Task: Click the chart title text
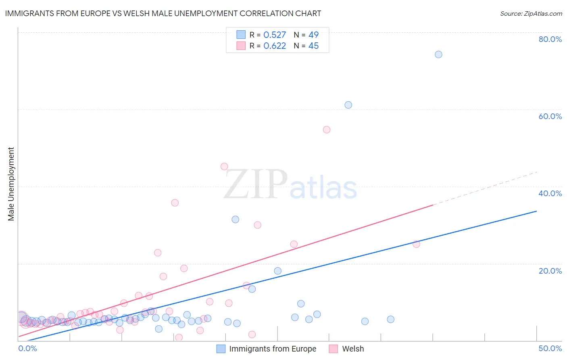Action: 163,13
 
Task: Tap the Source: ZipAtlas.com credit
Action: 531,13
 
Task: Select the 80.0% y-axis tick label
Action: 550,39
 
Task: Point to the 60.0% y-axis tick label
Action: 550,116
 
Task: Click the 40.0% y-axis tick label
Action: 550,193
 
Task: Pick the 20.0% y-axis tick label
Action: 550,271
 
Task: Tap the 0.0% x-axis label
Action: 27,348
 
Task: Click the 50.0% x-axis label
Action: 550,348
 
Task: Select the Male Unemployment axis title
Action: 11,184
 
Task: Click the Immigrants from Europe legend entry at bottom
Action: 267,349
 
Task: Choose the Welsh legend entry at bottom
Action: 347,349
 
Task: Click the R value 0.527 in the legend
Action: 275,35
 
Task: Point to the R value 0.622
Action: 275,46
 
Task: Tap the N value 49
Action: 313,35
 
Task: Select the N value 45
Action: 313,46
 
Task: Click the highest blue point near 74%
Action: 438,54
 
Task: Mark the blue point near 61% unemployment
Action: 348,105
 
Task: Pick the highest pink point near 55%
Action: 327,130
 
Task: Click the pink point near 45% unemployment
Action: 224,166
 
